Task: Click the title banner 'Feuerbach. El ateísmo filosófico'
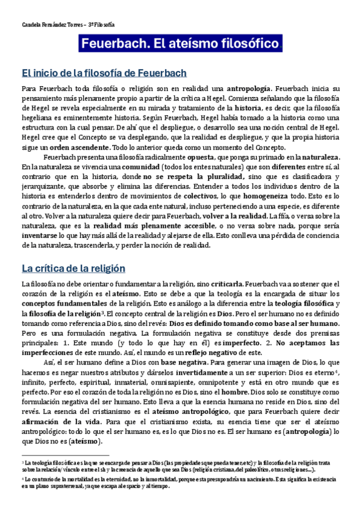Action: tap(180, 44)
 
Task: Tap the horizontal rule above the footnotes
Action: tap(64, 456)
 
